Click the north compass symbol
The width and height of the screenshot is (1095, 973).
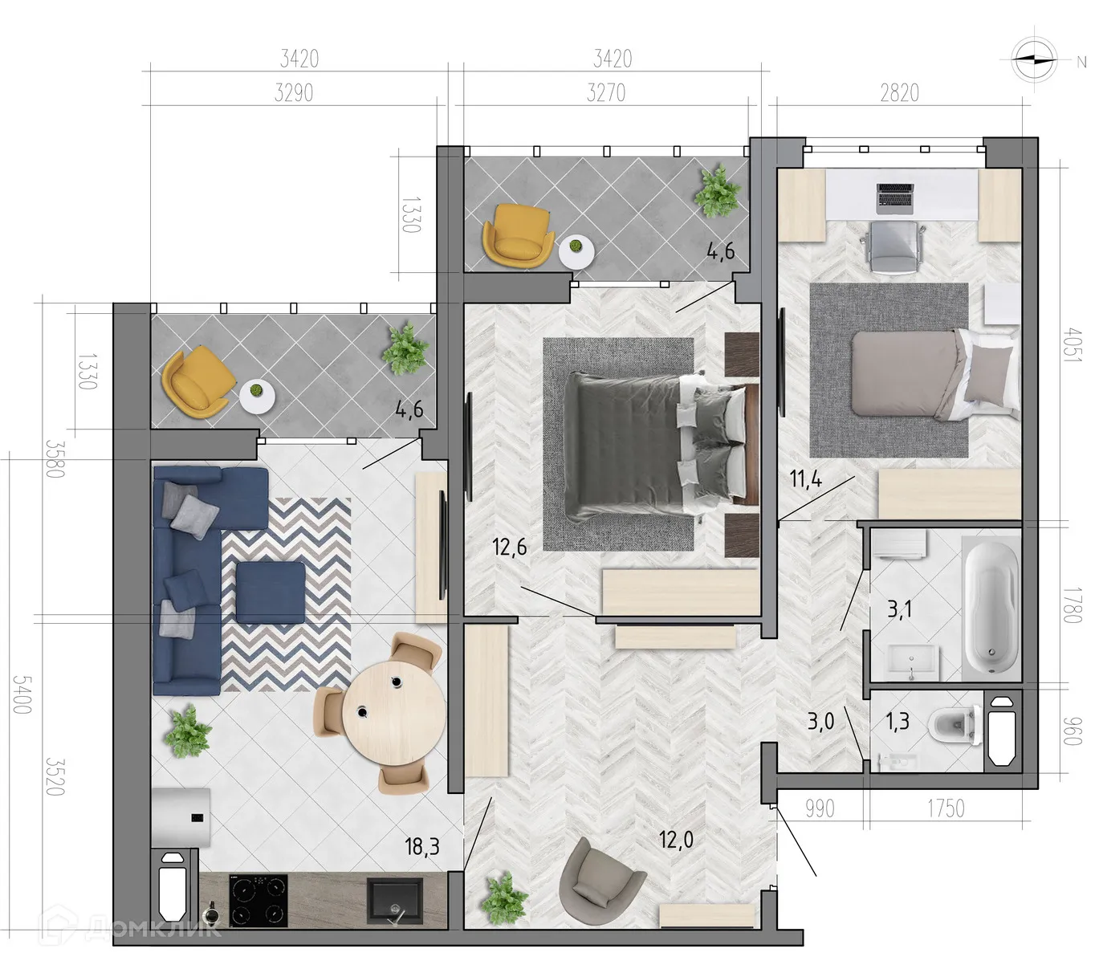tap(1034, 59)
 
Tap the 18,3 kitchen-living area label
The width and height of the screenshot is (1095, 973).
tap(422, 845)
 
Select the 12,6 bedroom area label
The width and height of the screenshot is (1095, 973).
tap(510, 548)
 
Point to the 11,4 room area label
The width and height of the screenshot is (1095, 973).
tap(805, 479)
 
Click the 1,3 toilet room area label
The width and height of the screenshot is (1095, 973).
tap(897, 721)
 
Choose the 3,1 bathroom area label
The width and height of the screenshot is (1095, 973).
tap(899, 609)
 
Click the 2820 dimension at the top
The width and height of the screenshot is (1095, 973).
tap(899, 93)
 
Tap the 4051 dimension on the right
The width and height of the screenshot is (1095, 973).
tap(1072, 344)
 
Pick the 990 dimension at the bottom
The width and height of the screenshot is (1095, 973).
tap(820, 808)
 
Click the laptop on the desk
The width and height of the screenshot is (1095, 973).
tap(896, 197)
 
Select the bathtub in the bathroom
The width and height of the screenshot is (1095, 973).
tap(991, 609)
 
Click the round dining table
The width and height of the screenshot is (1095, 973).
tap(393, 714)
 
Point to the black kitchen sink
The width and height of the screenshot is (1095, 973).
tap(394, 900)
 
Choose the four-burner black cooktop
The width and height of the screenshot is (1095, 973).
tap(258, 900)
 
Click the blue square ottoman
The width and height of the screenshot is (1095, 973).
tap(271, 592)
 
